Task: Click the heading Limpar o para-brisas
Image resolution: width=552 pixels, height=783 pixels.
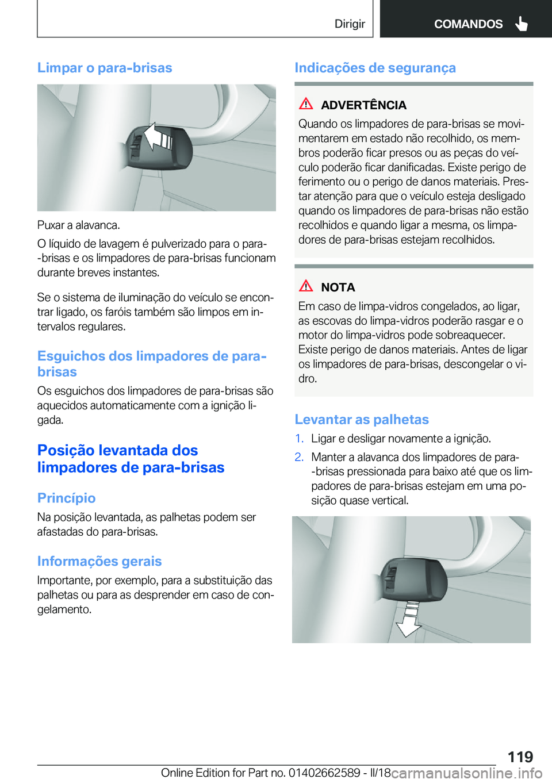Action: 105,68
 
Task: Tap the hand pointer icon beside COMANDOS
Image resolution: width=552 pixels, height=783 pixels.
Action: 522,24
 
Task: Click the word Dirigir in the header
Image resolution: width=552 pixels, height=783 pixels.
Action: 350,24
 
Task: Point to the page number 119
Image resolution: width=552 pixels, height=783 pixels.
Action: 520,757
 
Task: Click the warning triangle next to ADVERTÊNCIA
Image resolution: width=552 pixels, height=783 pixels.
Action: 306,104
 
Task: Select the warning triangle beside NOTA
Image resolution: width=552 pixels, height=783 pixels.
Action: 306,286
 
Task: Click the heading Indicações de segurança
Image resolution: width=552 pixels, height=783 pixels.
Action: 375,68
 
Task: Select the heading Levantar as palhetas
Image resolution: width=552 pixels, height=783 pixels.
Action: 362,420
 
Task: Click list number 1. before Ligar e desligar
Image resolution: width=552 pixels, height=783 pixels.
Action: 299,439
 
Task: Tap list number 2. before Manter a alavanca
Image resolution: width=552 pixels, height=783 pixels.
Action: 299,457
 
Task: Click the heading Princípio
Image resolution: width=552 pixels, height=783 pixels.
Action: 66,498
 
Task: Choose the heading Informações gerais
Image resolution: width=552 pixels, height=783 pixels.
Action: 99,561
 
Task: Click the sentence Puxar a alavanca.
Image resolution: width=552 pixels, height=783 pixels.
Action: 79,225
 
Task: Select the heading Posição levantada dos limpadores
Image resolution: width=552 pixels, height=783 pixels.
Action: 131,459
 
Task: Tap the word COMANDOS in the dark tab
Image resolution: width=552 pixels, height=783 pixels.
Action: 468,24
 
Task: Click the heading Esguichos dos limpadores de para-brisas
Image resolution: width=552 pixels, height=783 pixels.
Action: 151,363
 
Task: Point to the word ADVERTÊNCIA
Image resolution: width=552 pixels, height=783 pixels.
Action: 363,105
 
